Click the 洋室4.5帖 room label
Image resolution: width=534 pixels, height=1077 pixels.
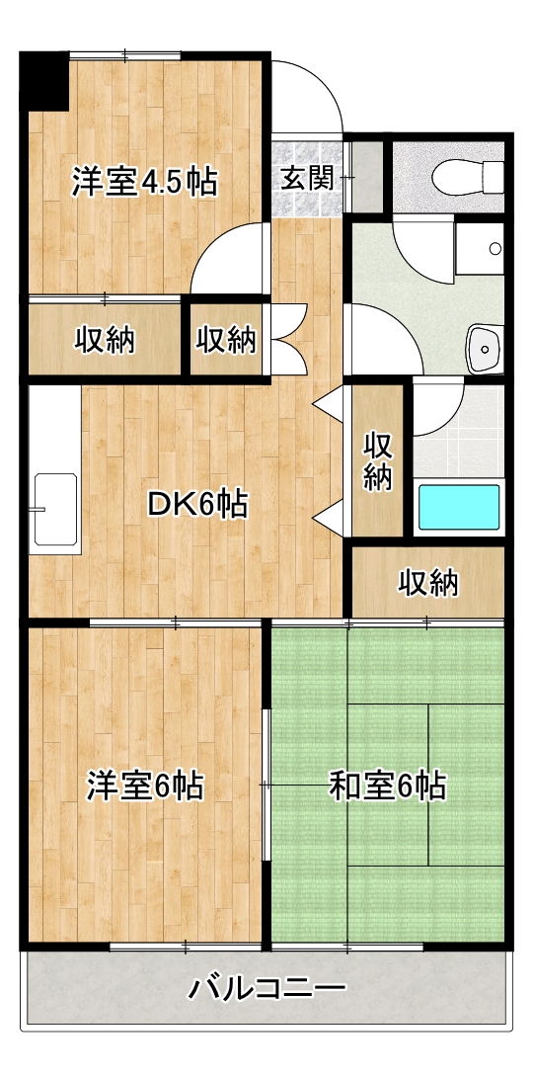pos(144,182)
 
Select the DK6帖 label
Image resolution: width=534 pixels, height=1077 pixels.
pos(196,504)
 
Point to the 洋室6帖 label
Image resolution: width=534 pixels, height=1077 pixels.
pos(145,787)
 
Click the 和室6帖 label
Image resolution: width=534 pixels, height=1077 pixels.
pos(387,787)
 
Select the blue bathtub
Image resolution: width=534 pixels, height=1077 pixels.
pos(459,507)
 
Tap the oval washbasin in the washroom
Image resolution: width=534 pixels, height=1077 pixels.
pos(484,346)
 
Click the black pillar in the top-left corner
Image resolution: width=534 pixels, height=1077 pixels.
pos(43,82)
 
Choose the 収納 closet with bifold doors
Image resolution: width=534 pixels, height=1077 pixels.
pos(227,340)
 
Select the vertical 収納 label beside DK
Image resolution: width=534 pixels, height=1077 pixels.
pos(377,459)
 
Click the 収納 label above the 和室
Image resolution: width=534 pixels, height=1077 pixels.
pos(428,583)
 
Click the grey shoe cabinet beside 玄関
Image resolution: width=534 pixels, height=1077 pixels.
pos(367,178)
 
